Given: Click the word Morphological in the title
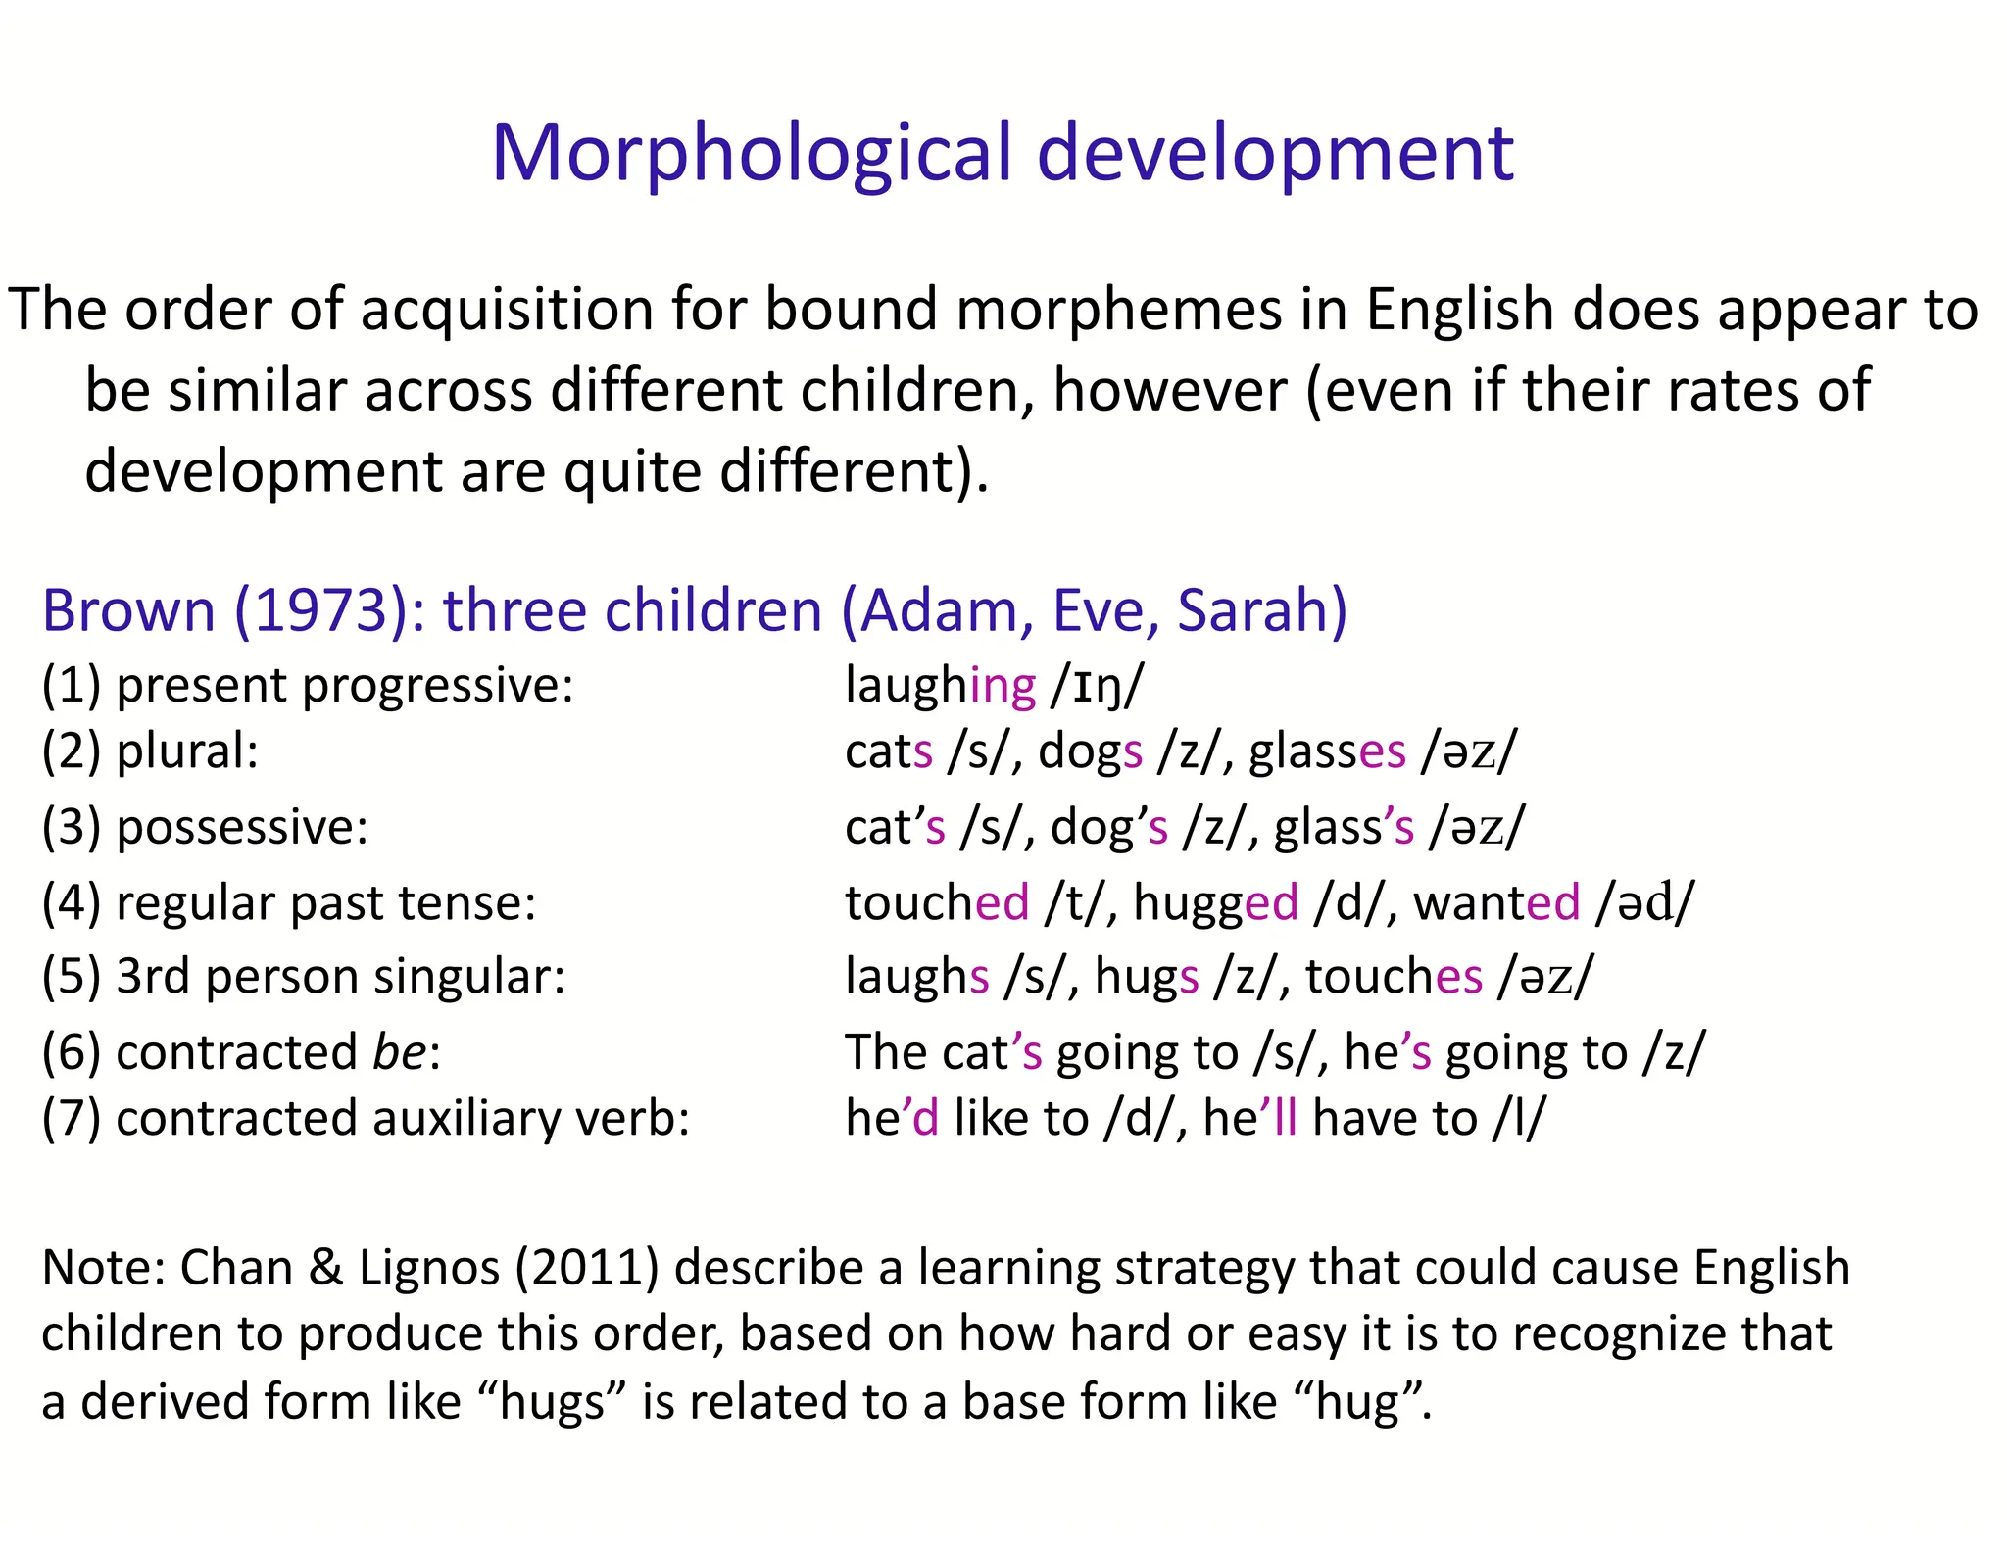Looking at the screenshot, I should [751, 154].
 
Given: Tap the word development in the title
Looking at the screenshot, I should [1275, 154].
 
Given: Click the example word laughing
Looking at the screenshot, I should [940, 685].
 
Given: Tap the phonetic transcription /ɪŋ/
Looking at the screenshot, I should [1097, 685].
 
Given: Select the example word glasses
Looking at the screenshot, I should [1327, 752].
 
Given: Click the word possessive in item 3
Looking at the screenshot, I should [241, 828].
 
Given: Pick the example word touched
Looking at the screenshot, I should [937, 902].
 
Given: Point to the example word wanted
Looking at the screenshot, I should [1496, 902].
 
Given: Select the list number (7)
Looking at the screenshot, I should [71, 1119].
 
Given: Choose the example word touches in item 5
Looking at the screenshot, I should [1394, 977].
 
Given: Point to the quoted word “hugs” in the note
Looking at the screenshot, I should [552, 1402].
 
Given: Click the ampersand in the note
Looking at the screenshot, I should [325, 1268].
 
